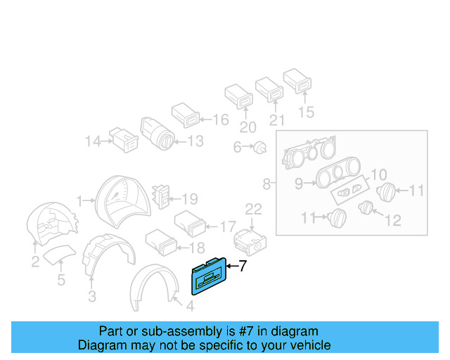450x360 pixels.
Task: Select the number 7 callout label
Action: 243,266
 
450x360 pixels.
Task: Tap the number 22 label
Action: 253,209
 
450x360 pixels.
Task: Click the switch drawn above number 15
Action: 298,82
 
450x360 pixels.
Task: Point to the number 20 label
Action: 247,127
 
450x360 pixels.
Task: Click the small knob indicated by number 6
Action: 261,148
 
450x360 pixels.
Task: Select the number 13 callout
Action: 195,142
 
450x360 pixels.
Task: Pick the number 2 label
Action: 35,263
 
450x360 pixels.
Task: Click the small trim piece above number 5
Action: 59,252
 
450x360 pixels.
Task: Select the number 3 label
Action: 92,297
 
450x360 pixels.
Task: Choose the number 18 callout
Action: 197,247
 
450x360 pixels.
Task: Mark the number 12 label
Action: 392,221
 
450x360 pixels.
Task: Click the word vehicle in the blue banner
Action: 310,345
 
